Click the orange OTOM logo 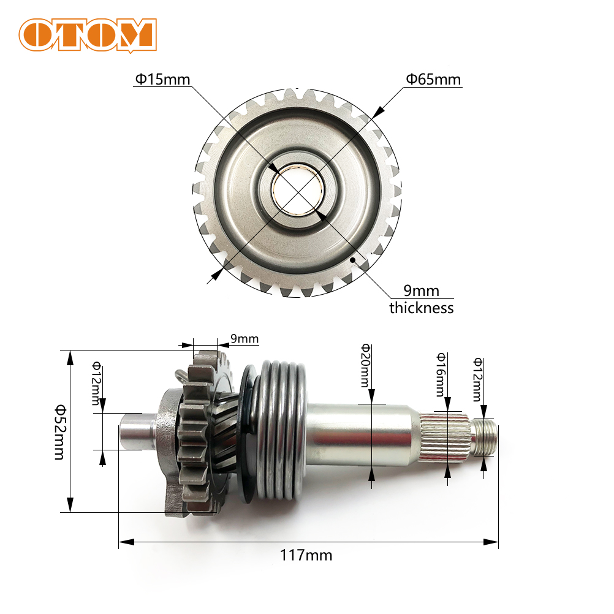88,36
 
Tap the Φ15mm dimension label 162,80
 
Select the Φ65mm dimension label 433,80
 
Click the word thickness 422,308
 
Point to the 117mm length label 306,555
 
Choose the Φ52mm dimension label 60,432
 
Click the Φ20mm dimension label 365,365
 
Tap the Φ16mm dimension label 441,374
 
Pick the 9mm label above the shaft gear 244,339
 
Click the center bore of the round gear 298,189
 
